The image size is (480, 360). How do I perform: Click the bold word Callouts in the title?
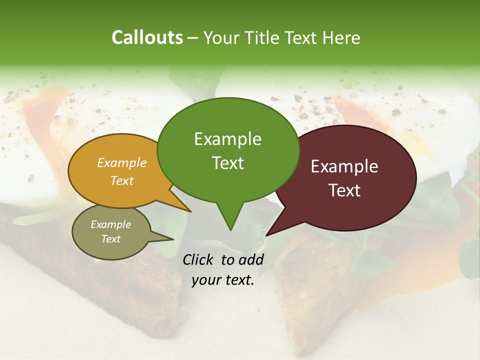[x=147, y=38]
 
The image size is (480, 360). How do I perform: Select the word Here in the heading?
[x=340, y=38]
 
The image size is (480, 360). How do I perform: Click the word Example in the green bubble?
[x=227, y=139]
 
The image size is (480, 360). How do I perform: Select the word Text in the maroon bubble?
[x=345, y=190]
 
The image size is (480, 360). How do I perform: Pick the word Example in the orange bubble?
[x=122, y=163]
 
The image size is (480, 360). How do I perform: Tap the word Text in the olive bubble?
[x=111, y=239]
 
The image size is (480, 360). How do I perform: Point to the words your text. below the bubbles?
[x=223, y=280]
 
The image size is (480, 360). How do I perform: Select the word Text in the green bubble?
[x=228, y=163]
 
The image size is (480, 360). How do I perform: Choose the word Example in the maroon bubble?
[x=344, y=166]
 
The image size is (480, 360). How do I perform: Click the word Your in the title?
[x=220, y=38]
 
